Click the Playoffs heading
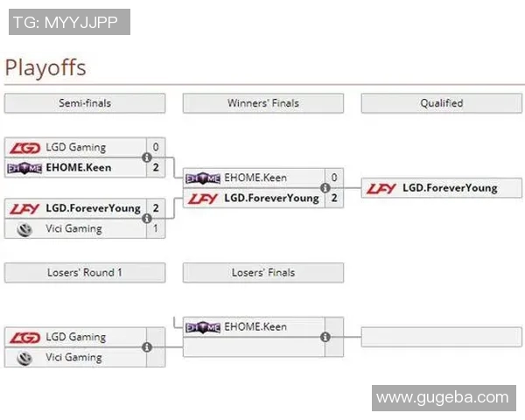tap(45, 67)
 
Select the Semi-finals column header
tap(84, 103)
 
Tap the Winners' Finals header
tap(262, 103)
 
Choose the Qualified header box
tap(441, 103)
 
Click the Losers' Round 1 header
tap(84, 273)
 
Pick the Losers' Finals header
tap(262, 273)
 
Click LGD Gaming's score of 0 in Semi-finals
tap(156, 147)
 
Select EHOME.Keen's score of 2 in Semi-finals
tap(156, 166)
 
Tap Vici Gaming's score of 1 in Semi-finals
tap(156, 228)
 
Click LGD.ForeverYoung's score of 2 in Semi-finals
tap(156, 208)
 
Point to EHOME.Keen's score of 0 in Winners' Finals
tap(333, 178)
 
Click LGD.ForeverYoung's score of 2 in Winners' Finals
tap(333, 198)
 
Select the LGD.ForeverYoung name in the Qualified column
tap(450, 187)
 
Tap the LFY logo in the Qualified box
tap(381, 187)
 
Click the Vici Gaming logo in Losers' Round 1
tap(25, 357)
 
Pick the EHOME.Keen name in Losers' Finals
tap(255, 326)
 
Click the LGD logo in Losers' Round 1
tap(25, 337)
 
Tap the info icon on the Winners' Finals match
tap(325, 187)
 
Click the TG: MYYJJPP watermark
tap(69, 22)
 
